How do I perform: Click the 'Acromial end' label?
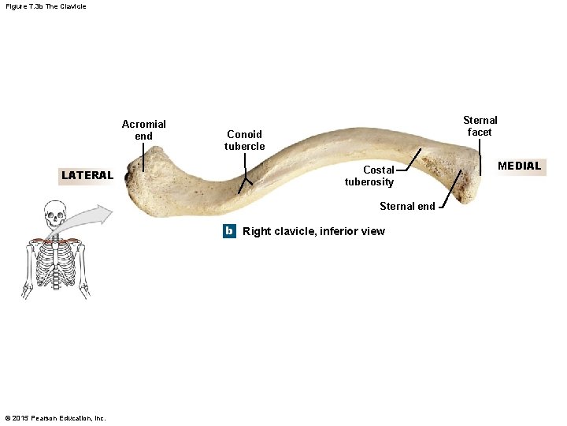(x=144, y=130)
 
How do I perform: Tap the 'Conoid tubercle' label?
(x=244, y=140)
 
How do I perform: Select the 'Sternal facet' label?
(x=480, y=126)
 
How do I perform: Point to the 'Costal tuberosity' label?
(x=369, y=176)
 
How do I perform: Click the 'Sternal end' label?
(x=406, y=207)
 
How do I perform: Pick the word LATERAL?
(x=87, y=175)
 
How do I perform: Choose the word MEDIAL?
(x=519, y=166)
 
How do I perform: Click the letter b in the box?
(x=228, y=231)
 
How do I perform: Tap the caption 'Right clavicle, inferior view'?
(x=313, y=231)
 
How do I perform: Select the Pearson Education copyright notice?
(x=55, y=417)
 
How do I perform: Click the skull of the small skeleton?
(x=54, y=214)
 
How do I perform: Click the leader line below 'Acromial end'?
(x=143, y=157)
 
